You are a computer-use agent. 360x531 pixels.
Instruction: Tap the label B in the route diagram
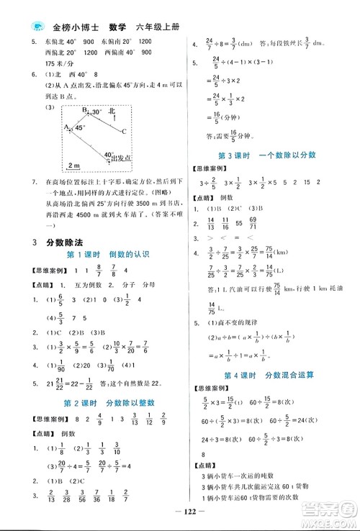point(84,110)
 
